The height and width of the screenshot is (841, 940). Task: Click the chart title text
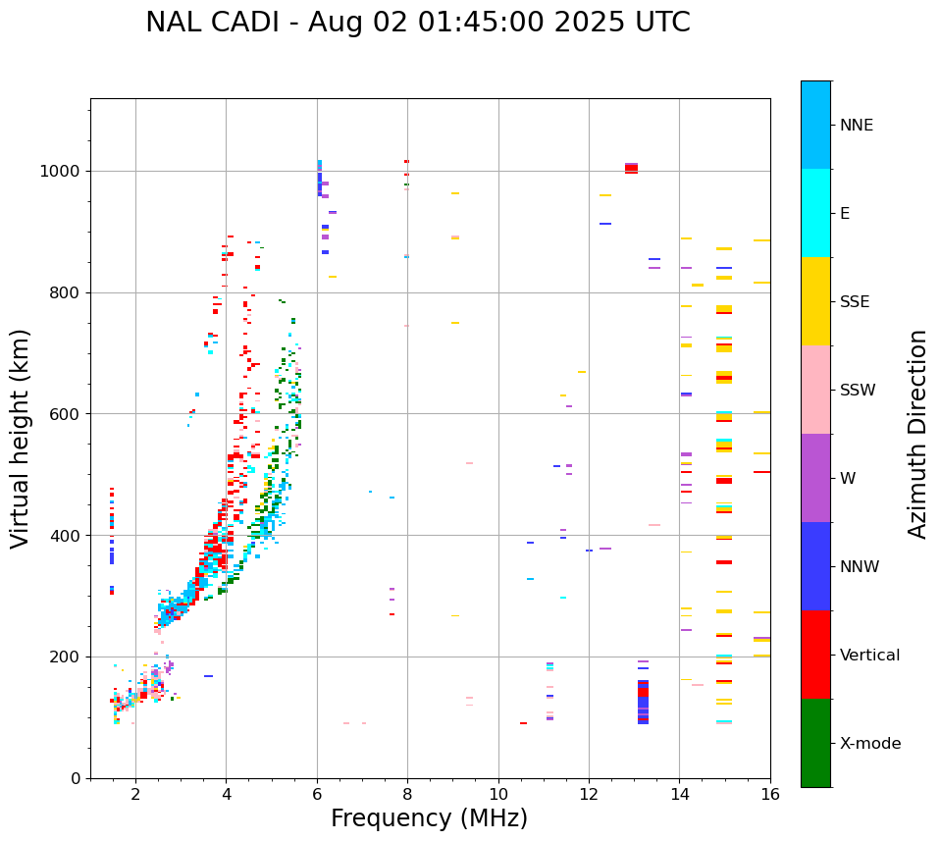[418, 23]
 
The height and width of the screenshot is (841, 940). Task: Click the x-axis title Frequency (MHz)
[429, 818]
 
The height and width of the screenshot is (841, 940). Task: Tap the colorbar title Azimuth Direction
[917, 434]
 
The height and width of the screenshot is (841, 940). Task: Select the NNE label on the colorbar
[857, 126]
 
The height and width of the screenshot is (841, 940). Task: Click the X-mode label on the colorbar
[870, 744]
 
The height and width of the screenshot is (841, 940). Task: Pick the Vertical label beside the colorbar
[870, 656]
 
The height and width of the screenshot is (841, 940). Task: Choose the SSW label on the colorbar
[858, 391]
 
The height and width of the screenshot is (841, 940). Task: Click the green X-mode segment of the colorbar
[815, 743]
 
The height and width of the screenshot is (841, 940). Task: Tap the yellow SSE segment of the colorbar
[815, 301]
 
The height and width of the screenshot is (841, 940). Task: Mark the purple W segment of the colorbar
[815, 478]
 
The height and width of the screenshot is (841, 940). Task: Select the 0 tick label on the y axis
[76, 778]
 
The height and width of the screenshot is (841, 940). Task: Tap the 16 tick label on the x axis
[770, 794]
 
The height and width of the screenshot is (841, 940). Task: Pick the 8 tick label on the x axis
[407, 794]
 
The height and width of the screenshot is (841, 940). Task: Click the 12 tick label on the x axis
[589, 794]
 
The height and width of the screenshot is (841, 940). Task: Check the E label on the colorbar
[845, 214]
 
